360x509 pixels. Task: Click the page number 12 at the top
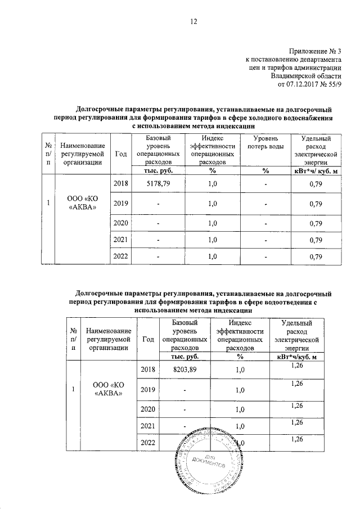193,21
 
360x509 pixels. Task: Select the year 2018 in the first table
121,184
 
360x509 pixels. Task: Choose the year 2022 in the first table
121,257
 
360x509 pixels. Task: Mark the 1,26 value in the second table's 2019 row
298,384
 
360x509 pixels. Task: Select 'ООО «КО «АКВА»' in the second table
109,390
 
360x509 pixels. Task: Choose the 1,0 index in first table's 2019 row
213,204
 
